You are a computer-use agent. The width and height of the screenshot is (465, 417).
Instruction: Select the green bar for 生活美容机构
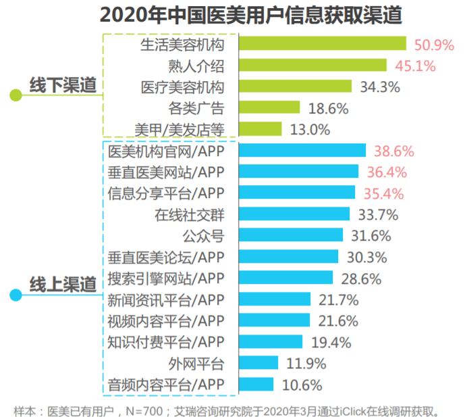[x=323, y=44]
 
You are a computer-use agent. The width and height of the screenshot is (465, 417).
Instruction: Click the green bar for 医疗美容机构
[x=296, y=87]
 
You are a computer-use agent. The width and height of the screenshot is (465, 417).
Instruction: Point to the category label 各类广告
[x=196, y=108]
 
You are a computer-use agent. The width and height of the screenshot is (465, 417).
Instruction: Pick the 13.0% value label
[x=310, y=129]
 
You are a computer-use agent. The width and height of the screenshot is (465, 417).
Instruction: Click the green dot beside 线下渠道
[x=15, y=95]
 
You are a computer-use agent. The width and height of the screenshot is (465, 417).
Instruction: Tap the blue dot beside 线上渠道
[x=15, y=295]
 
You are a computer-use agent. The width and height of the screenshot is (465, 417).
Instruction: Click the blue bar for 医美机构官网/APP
[x=302, y=151]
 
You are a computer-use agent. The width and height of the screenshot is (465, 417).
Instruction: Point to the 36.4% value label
[x=386, y=172]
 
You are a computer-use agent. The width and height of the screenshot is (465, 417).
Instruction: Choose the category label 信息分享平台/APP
[x=165, y=193]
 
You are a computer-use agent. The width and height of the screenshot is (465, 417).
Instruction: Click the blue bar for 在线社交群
[x=294, y=214]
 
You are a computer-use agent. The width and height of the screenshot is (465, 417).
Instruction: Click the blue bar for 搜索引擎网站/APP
[x=286, y=278]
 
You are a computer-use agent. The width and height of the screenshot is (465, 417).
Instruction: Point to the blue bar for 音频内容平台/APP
[x=256, y=385]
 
